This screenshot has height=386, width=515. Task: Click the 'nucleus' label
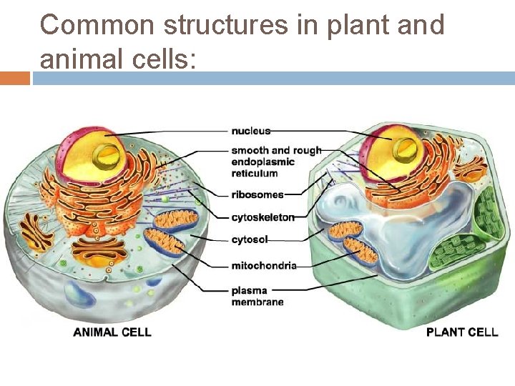(x=250, y=131)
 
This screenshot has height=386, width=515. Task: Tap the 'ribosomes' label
(x=257, y=194)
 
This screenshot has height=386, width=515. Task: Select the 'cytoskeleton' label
(x=263, y=217)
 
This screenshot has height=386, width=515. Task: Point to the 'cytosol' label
(x=249, y=240)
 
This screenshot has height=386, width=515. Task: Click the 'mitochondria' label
(x=263, y=266)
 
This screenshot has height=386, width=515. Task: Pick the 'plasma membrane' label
(x=257, y=296)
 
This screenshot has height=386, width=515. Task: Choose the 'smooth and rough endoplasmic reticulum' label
(x=275, y=162)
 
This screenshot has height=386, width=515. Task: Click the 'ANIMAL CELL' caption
(x=112, y=332)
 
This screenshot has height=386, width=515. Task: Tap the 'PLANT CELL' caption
(x=462, y=332)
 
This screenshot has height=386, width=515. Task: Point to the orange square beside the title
(x=15, y=78)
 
